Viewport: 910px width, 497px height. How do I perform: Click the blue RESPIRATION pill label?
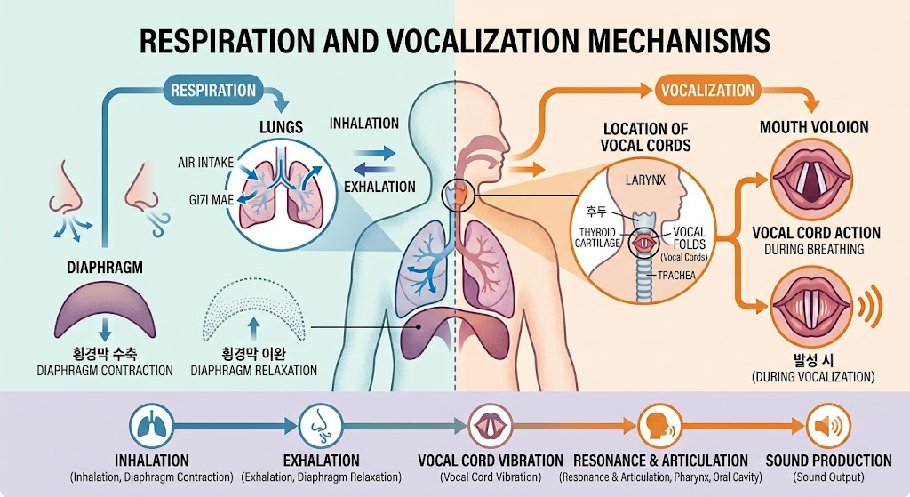213,91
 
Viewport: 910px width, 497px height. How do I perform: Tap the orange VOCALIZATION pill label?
708,91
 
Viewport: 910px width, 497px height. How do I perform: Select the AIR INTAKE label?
205,163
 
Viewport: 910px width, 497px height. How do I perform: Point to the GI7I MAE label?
212,200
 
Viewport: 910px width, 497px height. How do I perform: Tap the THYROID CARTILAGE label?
597,237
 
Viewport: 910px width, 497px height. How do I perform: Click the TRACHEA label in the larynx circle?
676,276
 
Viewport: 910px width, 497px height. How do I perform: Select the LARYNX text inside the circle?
645,180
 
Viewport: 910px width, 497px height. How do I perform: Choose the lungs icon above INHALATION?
151,426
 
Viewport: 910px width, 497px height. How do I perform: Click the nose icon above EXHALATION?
321,426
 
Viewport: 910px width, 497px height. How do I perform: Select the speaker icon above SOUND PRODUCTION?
828,426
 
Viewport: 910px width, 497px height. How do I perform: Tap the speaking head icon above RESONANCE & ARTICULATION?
660,426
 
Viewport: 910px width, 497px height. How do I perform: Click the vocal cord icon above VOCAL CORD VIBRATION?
491,426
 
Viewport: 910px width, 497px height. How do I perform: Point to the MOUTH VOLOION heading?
814,127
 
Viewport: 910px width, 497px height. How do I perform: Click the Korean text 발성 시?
813,359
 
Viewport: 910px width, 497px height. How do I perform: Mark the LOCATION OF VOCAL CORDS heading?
645,137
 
